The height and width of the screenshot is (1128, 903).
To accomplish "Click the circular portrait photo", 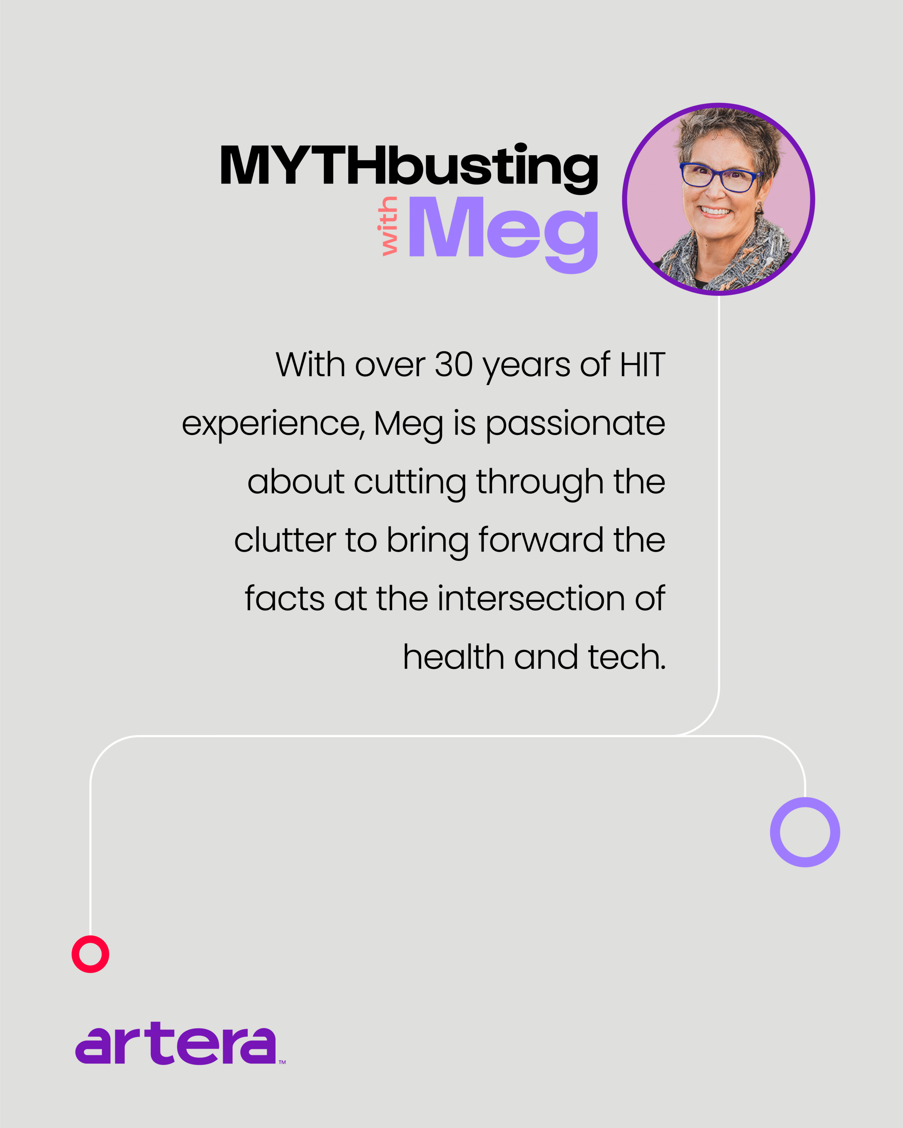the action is click(x=718, y=199).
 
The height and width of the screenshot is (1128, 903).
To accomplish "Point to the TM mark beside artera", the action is click(x=282, y=1062).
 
